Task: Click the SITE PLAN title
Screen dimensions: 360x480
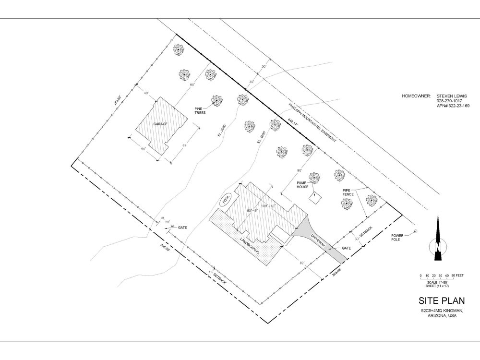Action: point(442,301)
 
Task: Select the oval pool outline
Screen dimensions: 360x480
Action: point(226,199)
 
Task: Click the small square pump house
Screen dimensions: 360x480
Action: point(315,199)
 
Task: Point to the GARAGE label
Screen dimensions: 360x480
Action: point(160,124)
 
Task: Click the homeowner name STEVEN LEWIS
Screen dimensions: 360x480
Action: point(452,96)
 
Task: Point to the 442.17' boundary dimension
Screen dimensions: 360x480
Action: point(293,124)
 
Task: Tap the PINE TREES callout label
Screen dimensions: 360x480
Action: point(200,111)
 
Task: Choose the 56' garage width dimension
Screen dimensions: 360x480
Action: point(143,149)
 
